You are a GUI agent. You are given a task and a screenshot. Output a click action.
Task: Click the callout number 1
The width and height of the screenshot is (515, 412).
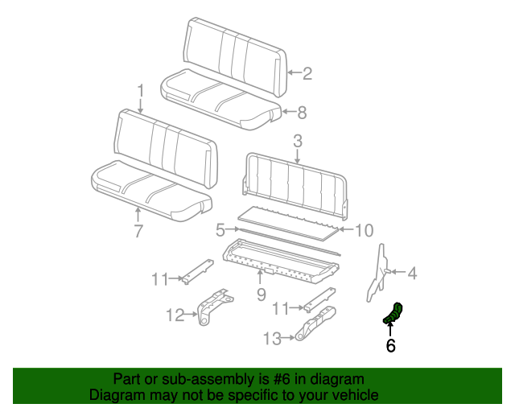click(140, 90)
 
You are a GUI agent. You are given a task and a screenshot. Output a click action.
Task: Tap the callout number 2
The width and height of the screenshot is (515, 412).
click(307, 74)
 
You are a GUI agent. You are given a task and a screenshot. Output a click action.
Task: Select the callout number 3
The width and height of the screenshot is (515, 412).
click(298, 142)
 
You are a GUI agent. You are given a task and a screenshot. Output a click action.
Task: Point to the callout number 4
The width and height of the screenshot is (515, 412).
click(412, 274)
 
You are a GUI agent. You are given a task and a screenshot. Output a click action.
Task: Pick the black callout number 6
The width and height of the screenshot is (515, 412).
click(391, 346)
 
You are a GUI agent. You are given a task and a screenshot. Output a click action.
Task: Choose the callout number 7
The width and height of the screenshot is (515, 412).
click(138, 231)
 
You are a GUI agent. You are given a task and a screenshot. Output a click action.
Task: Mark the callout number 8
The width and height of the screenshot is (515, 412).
click(303, 112)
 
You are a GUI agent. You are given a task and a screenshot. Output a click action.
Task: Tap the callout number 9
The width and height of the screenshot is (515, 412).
click(261, 295)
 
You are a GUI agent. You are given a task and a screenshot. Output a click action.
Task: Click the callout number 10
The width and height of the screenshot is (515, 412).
click(364, 231)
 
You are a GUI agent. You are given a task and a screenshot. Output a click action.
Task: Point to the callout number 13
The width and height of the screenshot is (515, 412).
click(272, 339)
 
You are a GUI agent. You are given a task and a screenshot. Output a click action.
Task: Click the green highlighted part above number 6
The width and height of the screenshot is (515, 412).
click(392, 314)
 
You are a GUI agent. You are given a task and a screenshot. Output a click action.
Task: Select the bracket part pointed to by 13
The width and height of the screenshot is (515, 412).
click(315, 327)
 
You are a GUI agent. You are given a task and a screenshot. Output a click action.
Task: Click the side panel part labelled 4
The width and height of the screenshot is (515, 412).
click(379, 272)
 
